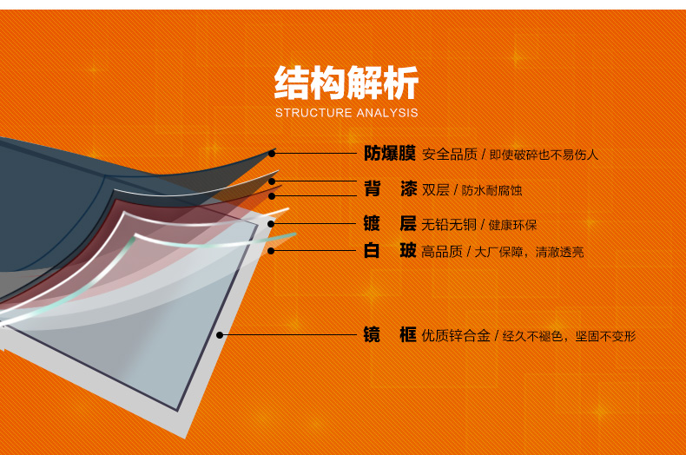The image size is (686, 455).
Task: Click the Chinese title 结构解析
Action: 346,82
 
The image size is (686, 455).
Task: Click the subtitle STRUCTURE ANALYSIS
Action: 346,113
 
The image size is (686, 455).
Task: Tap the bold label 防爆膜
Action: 389,154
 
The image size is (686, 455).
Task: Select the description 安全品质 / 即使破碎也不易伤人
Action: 510,155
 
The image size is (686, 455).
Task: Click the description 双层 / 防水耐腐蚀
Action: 472,190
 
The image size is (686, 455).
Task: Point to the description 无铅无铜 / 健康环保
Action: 478,225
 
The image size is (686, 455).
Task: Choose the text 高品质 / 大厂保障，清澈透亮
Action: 502,252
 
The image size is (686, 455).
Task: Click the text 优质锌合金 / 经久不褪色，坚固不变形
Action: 529,335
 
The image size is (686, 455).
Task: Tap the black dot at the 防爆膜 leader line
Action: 272,154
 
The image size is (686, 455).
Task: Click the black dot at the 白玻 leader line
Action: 271,251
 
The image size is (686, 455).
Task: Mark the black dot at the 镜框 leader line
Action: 220,335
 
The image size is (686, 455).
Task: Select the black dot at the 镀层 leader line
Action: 271,223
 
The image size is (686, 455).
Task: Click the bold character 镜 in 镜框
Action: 372,334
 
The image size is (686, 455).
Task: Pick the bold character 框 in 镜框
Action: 408,334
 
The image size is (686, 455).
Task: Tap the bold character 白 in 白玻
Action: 372,251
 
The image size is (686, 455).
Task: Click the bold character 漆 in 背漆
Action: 408,188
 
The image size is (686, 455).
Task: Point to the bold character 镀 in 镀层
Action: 372,223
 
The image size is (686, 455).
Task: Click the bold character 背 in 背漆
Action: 373,188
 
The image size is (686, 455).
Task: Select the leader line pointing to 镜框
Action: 288,335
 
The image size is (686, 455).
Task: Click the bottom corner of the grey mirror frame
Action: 185,439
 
